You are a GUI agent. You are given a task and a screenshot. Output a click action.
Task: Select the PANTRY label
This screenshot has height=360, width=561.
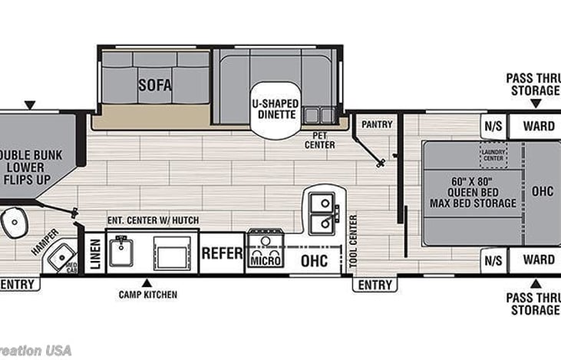pos(377,124)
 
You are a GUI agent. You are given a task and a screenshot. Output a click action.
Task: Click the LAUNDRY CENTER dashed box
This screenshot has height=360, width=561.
pos(493,156)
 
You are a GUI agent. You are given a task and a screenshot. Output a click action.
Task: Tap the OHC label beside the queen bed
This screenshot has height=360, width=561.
pos(543,190)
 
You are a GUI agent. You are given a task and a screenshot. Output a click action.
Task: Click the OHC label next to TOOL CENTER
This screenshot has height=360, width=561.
pos(313,260)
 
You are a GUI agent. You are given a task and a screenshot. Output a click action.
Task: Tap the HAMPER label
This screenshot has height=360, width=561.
pos(44,242)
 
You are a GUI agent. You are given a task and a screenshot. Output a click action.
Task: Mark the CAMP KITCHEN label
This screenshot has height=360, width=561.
pos(147,294)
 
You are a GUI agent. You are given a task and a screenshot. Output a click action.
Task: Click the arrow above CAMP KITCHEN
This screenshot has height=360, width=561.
pos(147,282)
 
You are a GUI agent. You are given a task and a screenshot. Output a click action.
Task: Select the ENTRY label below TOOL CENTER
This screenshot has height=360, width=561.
pos(375,285)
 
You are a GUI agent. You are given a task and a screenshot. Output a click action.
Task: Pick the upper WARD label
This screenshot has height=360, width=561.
pos(539,125)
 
